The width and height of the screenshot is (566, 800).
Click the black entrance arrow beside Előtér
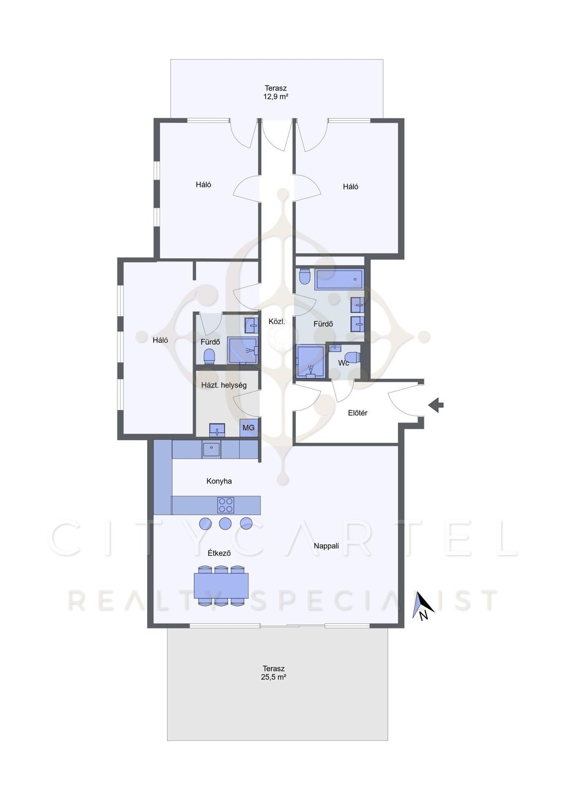coord(436,405)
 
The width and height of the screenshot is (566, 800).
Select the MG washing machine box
coord(249,427)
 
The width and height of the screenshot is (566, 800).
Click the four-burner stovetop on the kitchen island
coord(226,505)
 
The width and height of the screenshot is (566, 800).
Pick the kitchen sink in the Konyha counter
coord(212,449)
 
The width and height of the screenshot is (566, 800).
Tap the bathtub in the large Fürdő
coord(339,280)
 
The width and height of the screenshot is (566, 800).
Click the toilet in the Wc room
coord(353,357)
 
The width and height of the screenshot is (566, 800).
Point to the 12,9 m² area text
coord(276,96)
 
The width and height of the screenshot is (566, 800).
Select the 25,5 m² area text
coord(274,677)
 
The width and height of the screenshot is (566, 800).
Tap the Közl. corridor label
coord(277,322)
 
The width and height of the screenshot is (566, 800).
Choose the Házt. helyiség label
coord(224,385)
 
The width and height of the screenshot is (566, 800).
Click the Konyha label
coord(219,481)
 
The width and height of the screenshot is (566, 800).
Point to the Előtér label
coord(358,413)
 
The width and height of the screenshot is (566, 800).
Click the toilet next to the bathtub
coord(305,276)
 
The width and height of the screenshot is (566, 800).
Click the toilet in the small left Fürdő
coord(209,356)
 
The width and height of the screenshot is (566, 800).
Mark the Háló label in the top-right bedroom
coord(350,186)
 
